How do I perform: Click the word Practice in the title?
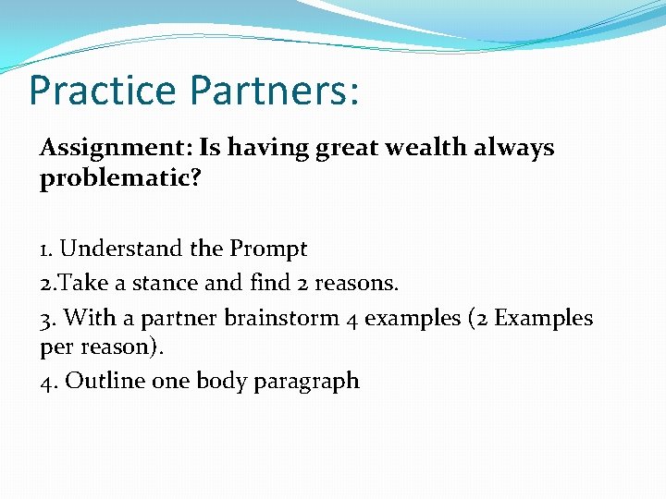(102, 91)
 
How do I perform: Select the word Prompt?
(268, 249)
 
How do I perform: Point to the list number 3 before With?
(45, 319)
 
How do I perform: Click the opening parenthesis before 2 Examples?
(472, 319)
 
